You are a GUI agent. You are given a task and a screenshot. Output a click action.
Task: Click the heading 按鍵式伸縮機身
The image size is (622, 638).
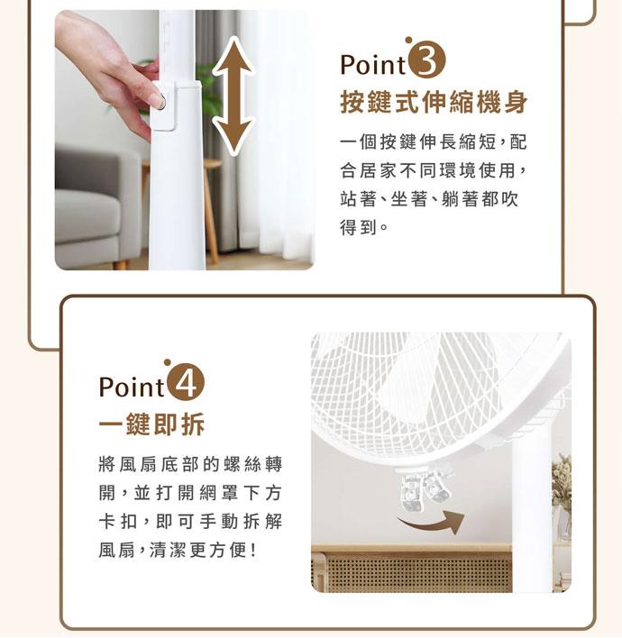point(434,102)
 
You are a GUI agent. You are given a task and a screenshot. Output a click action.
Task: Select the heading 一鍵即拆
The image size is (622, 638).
point(151,424)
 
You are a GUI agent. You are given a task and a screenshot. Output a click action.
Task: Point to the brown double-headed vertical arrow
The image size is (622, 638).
point(233,96)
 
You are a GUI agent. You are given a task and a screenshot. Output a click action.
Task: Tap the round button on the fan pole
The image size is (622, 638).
point(161,101)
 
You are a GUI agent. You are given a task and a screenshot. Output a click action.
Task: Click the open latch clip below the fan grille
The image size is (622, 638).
point(424,488)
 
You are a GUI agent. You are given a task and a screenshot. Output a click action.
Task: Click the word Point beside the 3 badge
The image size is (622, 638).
point(373,65)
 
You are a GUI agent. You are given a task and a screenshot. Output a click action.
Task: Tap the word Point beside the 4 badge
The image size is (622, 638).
point(132,387)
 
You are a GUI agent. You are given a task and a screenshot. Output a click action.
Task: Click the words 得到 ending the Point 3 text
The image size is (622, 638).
point(358,228)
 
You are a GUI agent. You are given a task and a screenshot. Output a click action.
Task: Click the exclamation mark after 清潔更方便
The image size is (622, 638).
point(253,551)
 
